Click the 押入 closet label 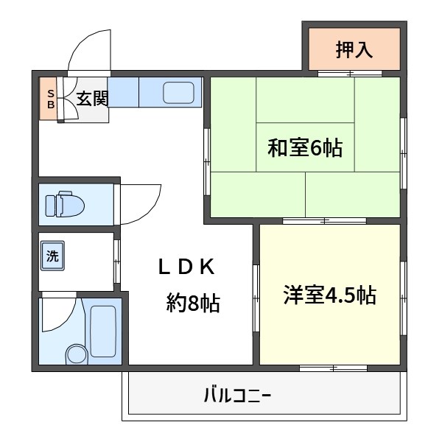point(354,50)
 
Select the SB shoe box point(51,99)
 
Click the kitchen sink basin point(178,93)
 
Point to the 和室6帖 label point(304,148)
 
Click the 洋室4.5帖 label point(329,295)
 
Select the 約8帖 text point(193,303)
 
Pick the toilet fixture point(63,204)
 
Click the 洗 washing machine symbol point(52,256)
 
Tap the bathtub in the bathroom point(102,330)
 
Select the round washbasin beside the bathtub point(76,354)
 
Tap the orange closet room point(354,50)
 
